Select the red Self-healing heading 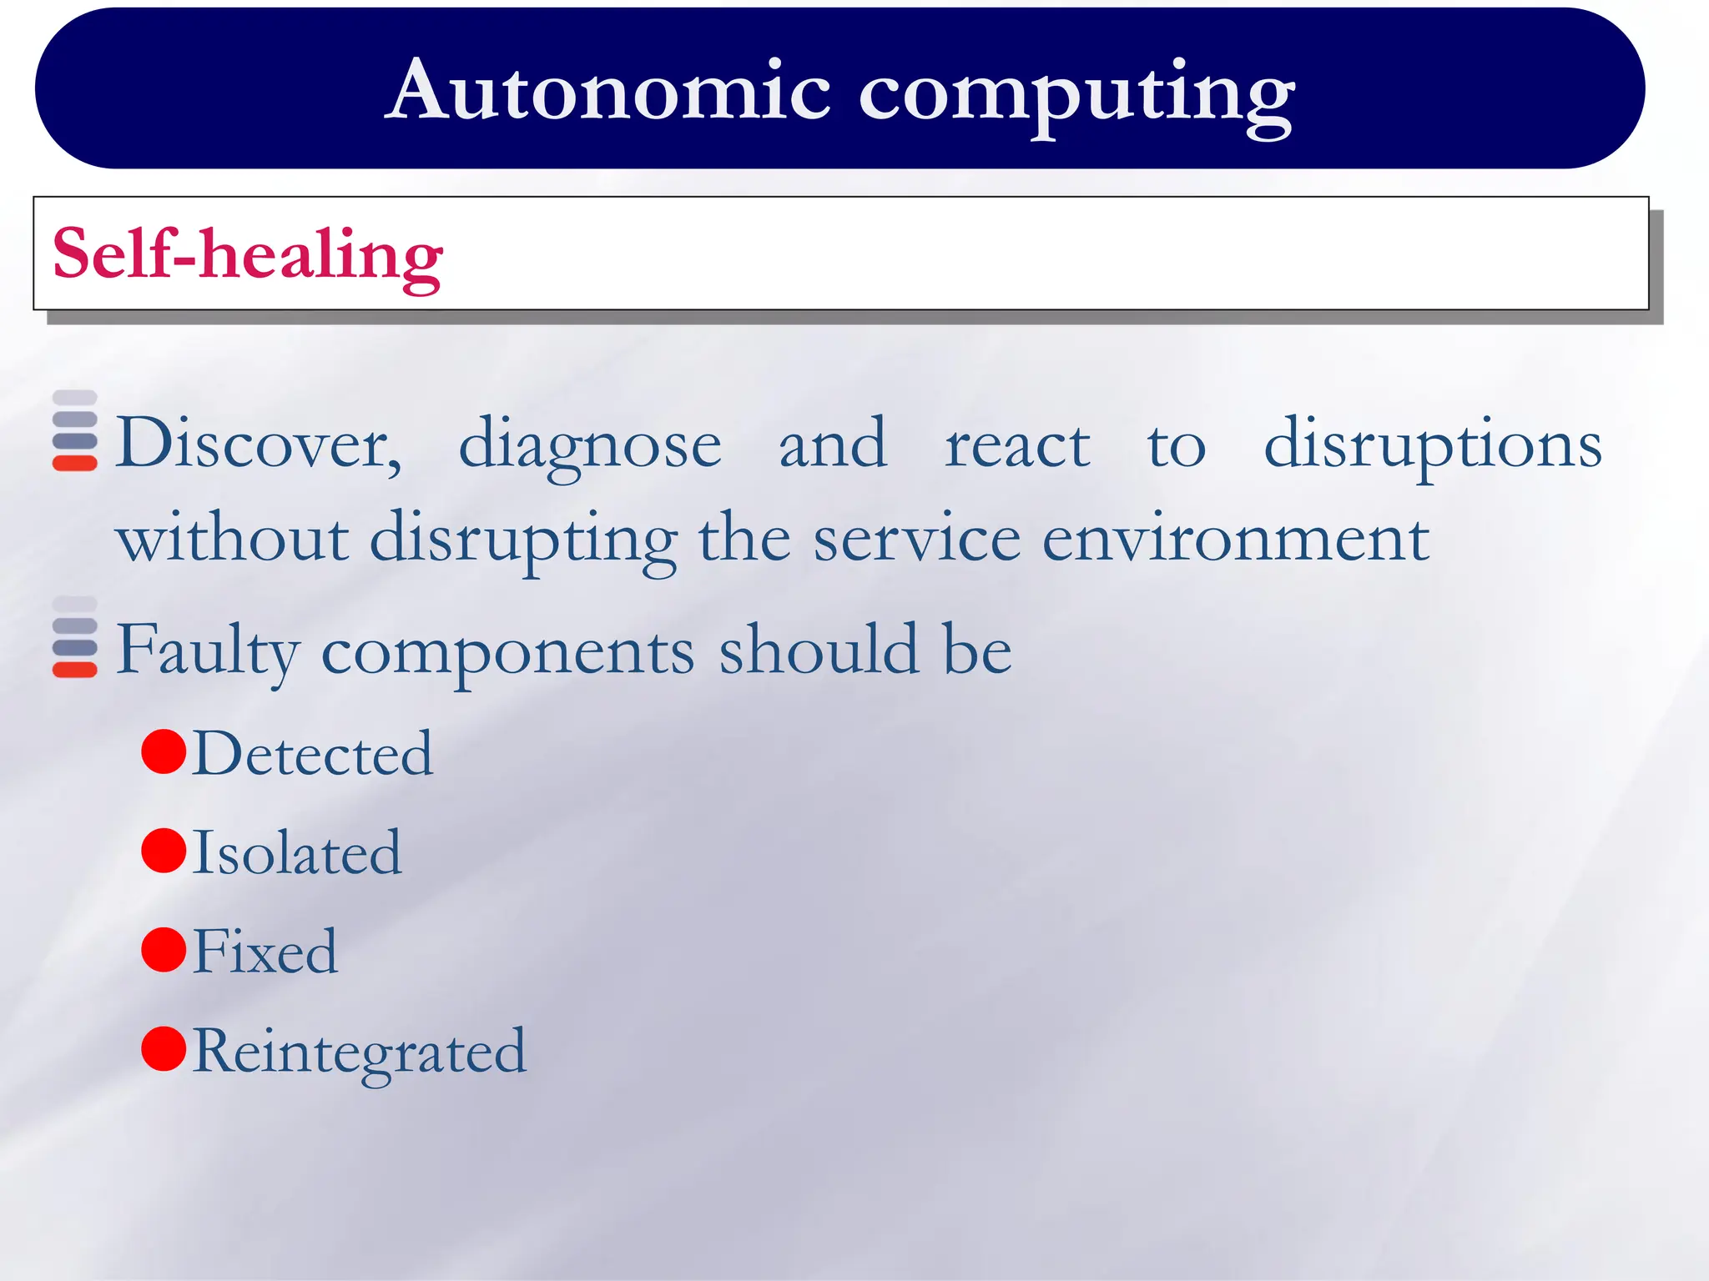click(x=248, y=254)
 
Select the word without click(x=233, y=538)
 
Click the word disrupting click(x=523, y=540)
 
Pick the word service click(x=916, y=539)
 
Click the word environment click(x=1236, y=539)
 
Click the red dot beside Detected click(x=164, y=751)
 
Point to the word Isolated click(x=297, y=852)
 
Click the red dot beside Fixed click(x=164, y=950)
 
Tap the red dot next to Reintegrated click(x=164, y=1048)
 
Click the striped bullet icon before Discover click(x=75, y=431)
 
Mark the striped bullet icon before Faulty click(x=75, y=637)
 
